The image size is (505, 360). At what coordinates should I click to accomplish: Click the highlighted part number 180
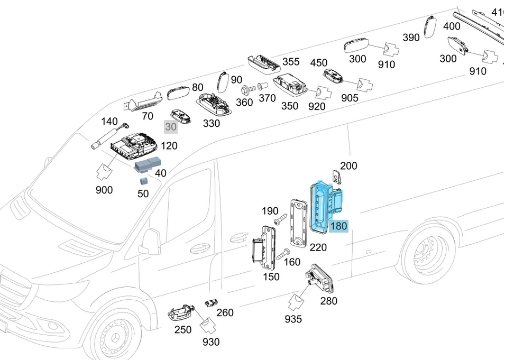tap(338, 226)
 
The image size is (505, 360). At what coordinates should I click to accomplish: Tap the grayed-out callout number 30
tap(170, 127)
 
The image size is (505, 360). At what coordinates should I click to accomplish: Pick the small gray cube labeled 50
tap(144, 181)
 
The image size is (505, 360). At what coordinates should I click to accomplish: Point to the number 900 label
tap(104, 189)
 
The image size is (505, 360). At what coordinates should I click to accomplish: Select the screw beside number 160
tap(282, 254)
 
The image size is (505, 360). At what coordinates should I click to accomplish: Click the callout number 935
tap(293, 319)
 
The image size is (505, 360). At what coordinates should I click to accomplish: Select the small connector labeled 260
tap(210, 303)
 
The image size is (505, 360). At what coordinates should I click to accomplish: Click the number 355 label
tap(291, 62)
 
